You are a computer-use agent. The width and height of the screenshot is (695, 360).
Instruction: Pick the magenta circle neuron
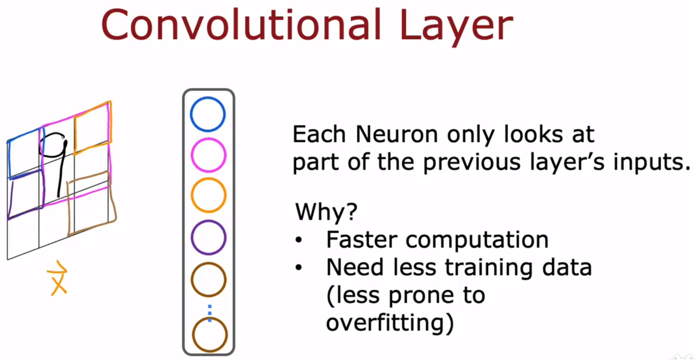tap(208, 139)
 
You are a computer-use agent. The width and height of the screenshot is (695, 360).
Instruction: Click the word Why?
tap(326, 212)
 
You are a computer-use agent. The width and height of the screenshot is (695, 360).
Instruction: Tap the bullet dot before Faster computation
tap(298, 240)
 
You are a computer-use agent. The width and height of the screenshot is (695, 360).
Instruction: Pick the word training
tap(489, 268)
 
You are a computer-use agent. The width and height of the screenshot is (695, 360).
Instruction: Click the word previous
tap(472, 162)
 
